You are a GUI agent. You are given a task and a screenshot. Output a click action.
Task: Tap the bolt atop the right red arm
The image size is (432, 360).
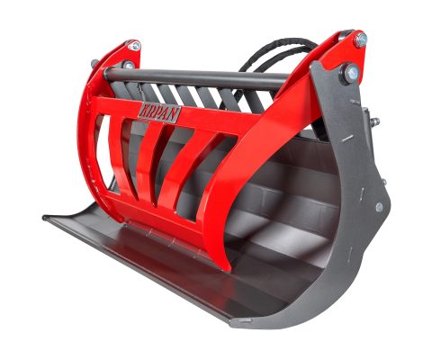(x=361, y=40)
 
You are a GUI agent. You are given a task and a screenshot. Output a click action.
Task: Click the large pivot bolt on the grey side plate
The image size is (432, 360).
(x=344, y=76)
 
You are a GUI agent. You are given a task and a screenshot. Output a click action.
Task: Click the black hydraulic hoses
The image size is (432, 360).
(x=270, y=56)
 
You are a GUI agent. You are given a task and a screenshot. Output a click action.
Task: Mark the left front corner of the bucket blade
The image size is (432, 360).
(x=47, y=217)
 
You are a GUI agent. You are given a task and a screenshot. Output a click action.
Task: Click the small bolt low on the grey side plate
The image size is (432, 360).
(x=379, y=208)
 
